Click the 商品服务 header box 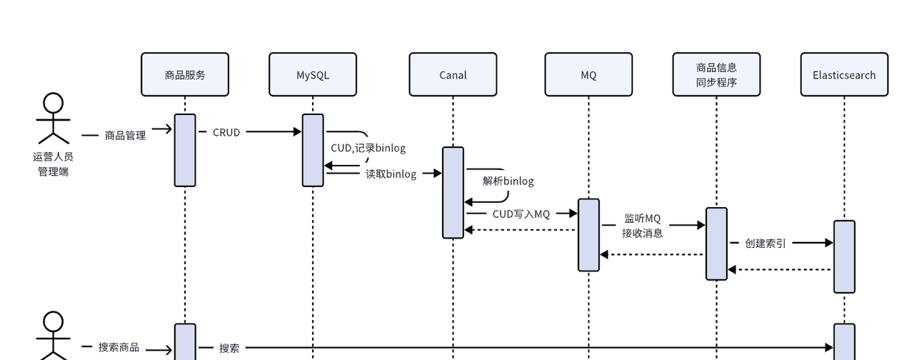coord(185,74)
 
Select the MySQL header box coord(313,74)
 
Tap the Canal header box coord(453,74)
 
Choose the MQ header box coord(588,74)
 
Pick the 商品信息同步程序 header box coord(716,74)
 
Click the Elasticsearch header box coord(844,74)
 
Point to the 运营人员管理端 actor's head coord(54,104)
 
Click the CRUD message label coord(226,132)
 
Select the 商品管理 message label coord(125,135)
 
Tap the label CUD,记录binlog coord(368,149)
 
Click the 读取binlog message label coord(391,174)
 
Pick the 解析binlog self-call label coord(508,181)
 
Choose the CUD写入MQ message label coord(521,214)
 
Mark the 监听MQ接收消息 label coord(643,225)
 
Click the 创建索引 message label coord(765,243)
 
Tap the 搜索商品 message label coord(119,347)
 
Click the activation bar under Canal coord(453,192)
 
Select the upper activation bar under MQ coord(588,235)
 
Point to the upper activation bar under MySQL coord(313,150)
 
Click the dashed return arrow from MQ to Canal coord(521,230)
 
